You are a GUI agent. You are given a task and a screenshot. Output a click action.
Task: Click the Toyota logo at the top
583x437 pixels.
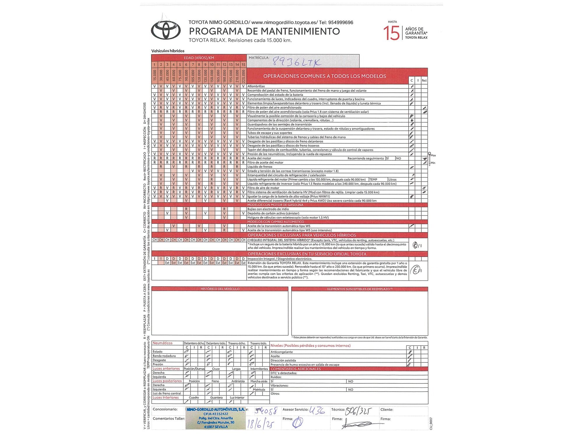(x=166, y=30)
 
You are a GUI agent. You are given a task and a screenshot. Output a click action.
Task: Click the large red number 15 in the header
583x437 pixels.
(x=391, y=33)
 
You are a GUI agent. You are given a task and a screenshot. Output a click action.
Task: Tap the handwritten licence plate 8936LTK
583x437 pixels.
(x=296, y=62)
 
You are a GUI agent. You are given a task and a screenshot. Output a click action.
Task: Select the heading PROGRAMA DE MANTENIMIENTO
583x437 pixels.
(x=264, y=31)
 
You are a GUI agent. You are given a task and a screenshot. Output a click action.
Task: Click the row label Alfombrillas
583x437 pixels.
(x=256, y=86)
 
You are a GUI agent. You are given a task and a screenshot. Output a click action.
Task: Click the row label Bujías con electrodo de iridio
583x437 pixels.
(x=268, y=209)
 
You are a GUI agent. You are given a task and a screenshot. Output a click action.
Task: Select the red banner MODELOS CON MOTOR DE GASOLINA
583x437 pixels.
(x=275, y=205)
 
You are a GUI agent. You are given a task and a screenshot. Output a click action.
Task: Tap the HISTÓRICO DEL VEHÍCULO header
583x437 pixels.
(x=220, y=289)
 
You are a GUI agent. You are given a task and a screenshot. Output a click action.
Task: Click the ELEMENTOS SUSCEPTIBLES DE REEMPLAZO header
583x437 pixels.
(x=359, y=289)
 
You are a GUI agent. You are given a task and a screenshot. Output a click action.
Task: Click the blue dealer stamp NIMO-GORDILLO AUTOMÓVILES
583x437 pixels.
(x=215, y=418)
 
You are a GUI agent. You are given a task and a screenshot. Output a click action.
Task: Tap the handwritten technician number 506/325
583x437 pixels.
(x=358, y=411)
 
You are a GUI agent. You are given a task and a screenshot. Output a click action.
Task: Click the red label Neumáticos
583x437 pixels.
(x=162, y=343)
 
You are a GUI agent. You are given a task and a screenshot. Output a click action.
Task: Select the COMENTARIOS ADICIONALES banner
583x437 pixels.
(x=296, y=369)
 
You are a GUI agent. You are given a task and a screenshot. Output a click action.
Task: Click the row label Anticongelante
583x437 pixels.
(x=282, y=352)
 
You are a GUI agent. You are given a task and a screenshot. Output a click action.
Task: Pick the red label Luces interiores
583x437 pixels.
(x=166, y=398)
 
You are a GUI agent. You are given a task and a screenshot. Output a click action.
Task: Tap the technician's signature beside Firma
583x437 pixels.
(x=357, y=424)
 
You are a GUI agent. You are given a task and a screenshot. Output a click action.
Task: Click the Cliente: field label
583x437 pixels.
(x=387, y=410)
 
